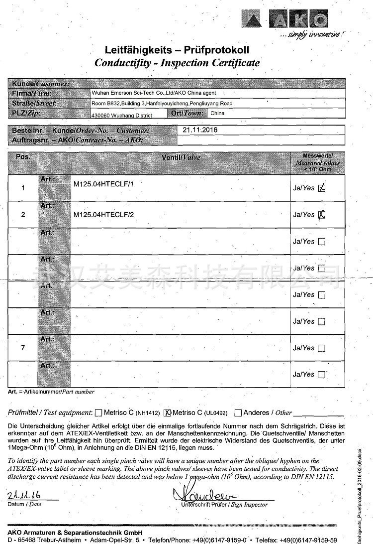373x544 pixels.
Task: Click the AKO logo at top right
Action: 284,21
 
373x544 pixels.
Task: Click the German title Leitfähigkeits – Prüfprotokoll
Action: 177,50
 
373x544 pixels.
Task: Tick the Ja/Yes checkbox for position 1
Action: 322,188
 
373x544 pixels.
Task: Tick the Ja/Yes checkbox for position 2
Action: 322,215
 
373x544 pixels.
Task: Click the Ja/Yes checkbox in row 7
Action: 321,348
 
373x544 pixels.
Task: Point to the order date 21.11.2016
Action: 200,130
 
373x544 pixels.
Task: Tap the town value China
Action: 217,113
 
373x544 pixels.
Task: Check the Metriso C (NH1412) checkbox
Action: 98,412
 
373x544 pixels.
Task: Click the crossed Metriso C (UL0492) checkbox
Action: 168,412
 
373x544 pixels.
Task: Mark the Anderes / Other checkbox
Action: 238,412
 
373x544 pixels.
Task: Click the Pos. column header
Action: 23,156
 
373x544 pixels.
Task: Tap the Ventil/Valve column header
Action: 181,157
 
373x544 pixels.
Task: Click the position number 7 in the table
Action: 23,348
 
